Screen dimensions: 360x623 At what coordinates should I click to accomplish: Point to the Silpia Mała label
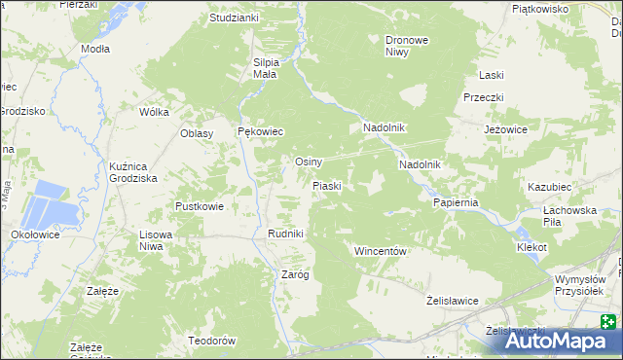click(x=267, y=68)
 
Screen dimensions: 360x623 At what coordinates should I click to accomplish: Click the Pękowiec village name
click(x=261, y=131)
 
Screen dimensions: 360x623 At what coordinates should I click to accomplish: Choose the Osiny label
click(x=309, y=162)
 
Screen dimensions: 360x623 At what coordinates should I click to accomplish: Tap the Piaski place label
click(x=326, y=185)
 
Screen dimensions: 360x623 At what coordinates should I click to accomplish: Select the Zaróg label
click(x=295, y=274)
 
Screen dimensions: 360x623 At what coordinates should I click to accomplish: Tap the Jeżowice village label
click(x=505, y=128)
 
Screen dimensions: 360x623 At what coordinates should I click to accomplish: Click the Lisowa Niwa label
click(x=163, y=240)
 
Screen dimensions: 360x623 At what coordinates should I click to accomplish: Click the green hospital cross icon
click(x=608, y=323)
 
